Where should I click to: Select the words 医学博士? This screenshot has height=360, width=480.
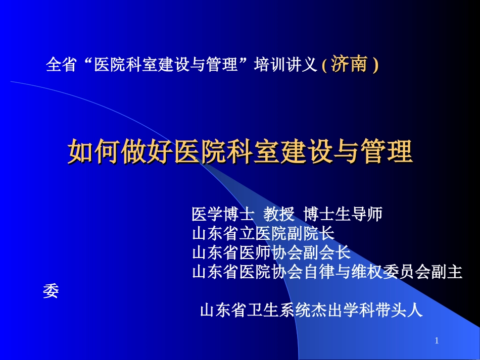222,215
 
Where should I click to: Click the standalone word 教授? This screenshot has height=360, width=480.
279,215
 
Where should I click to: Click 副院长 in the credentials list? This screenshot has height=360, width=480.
313,234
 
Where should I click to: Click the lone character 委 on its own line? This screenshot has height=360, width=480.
51,292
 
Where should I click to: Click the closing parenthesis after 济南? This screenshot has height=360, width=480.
375,65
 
